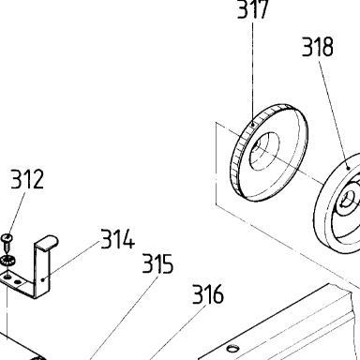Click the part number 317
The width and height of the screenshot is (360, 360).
(253, 8)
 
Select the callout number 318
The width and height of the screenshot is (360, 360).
(318, 47)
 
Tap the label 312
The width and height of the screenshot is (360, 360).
(27, 179)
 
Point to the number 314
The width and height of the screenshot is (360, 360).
(117, 239)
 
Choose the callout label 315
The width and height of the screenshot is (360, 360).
(157, 263)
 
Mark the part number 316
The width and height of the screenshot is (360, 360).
(208, 293)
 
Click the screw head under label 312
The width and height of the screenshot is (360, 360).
(7, 238)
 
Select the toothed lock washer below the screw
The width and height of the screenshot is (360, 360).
(7, 261)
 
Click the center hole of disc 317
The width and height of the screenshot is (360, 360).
(264, 151)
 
